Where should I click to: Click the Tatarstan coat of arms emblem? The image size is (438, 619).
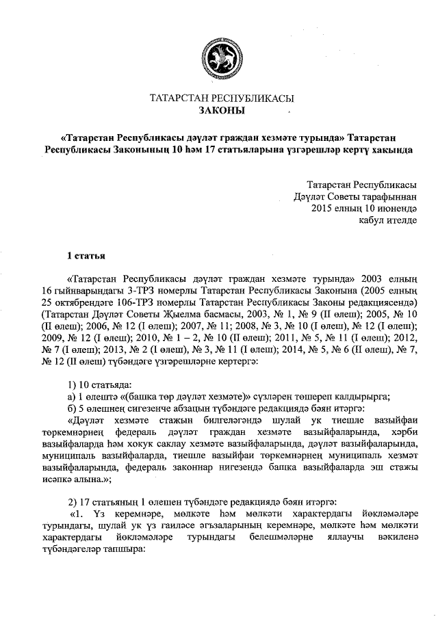(218, 56)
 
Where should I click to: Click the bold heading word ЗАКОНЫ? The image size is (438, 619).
(221, 110)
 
